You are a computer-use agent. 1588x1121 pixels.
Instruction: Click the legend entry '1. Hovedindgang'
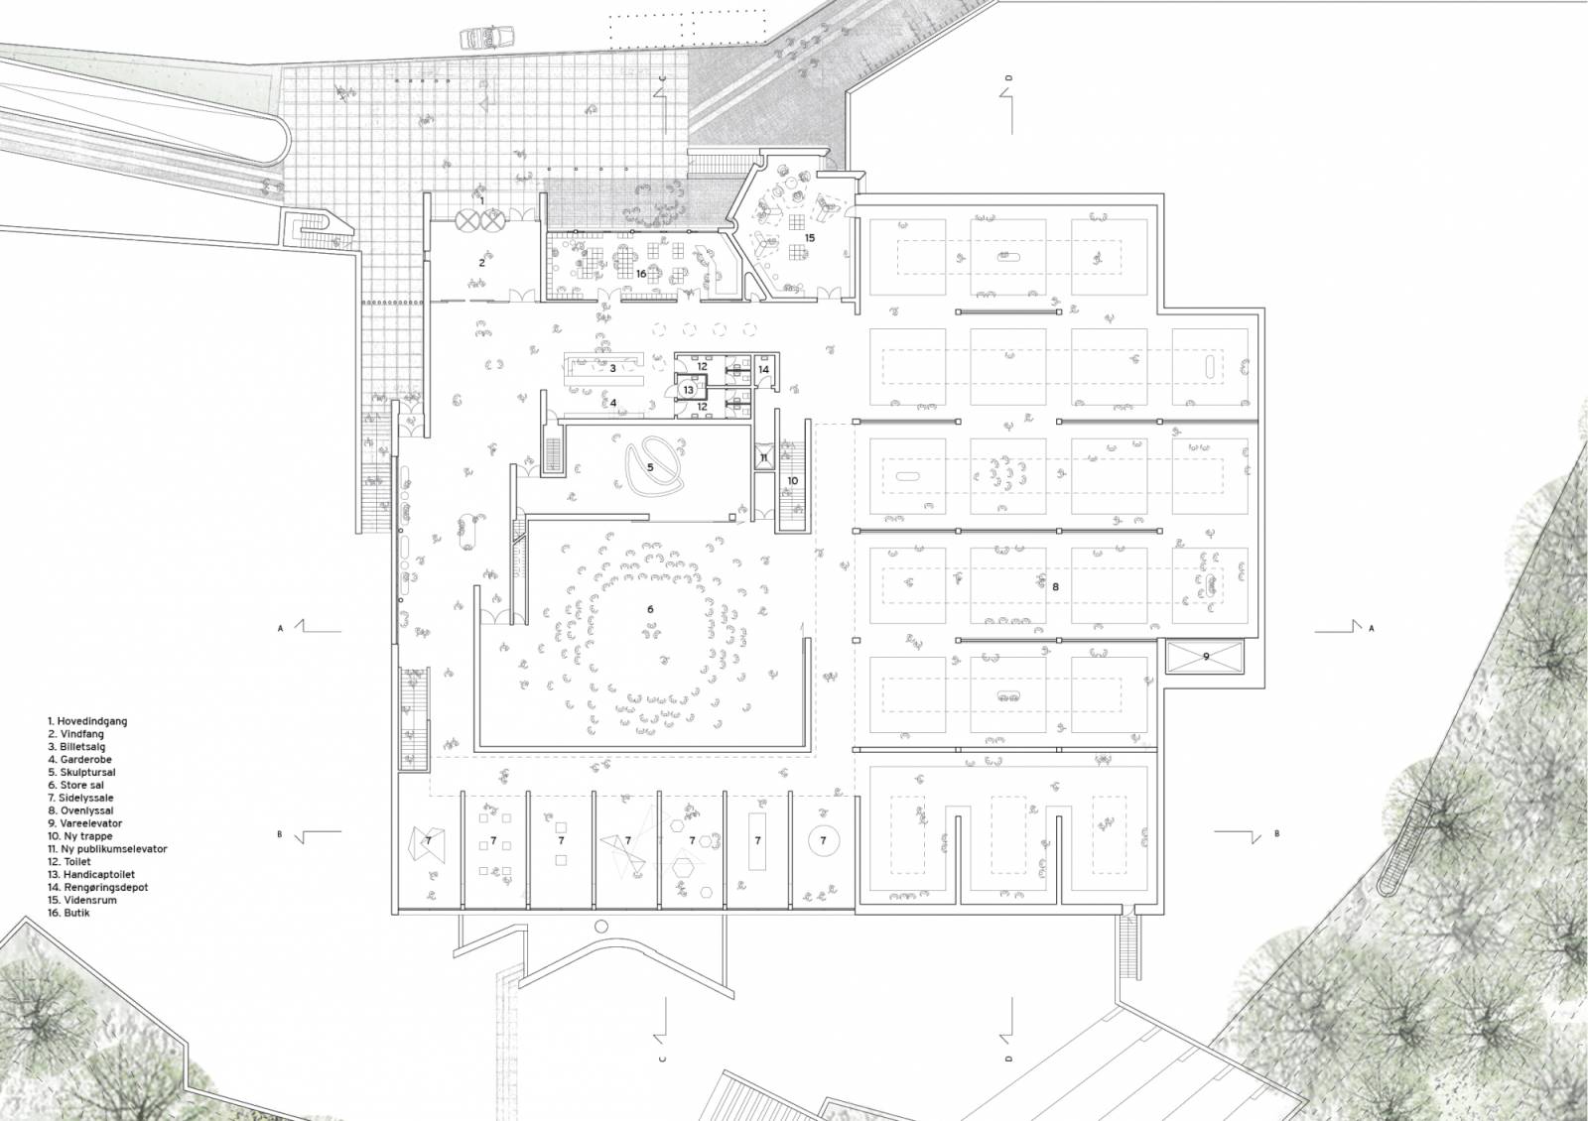tap(87, 721)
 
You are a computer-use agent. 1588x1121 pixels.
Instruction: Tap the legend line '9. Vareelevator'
tap(85, 823)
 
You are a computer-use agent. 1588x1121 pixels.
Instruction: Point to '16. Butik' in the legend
tap(68, 913)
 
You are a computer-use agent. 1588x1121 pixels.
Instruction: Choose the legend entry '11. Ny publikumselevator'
tap(107, 849)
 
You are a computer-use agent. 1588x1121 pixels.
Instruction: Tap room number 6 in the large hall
tap(650, 609)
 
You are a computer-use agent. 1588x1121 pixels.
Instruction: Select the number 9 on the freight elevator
tap(1206, 657)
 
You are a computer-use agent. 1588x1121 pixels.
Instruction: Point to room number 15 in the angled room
tap(810, 238)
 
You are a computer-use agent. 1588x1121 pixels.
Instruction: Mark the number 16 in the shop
tap(641, 274)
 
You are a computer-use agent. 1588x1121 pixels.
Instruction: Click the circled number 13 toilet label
tap(689, 390)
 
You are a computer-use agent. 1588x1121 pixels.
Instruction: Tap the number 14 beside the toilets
tap(763, 369)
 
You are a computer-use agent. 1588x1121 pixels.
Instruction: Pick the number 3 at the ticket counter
tap(613, 368)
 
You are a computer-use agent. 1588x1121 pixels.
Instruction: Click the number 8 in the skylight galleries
tap(1056, 586)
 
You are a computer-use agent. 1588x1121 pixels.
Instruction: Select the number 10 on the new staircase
tap(793, 480)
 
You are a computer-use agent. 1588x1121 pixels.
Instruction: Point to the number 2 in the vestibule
tap(481, 263)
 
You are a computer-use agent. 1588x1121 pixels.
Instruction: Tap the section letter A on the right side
tap(1371, 629)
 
